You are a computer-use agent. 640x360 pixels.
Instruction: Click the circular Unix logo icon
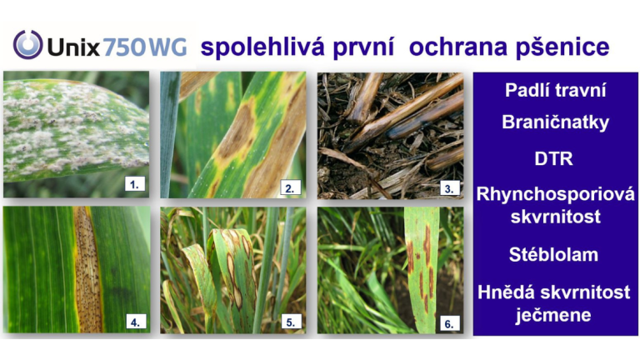click(27, 44)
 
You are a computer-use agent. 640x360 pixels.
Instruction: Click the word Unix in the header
click(73, 47)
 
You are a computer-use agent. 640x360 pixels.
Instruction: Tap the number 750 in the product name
click(124, 47)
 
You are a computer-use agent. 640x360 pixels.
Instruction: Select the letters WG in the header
click(167, 47)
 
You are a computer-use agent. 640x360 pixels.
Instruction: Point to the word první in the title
click(363, 47)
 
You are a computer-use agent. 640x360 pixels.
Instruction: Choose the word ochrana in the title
click(458, 47)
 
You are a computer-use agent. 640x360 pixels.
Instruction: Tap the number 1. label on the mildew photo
click(135, 184)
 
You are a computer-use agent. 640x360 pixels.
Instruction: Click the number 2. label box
click(290, 187)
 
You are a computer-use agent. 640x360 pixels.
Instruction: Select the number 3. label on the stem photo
click(448, 188)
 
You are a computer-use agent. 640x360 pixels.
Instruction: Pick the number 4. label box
click(136, 322)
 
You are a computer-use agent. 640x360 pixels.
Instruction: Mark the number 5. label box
click(291, 322)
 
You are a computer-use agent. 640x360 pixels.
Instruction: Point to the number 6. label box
click(449, 323)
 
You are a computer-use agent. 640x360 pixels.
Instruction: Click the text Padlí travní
click(556, 90)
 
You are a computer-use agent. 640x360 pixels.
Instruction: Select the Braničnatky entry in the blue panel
click(556, 122)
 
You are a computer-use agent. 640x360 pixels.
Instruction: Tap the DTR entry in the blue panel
click(554, 158)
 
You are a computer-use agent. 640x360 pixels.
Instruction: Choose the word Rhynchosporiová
click(556, 194)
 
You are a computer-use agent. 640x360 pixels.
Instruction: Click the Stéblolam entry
click(554, 254)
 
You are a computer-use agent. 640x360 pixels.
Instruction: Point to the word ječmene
click(553, 315)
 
